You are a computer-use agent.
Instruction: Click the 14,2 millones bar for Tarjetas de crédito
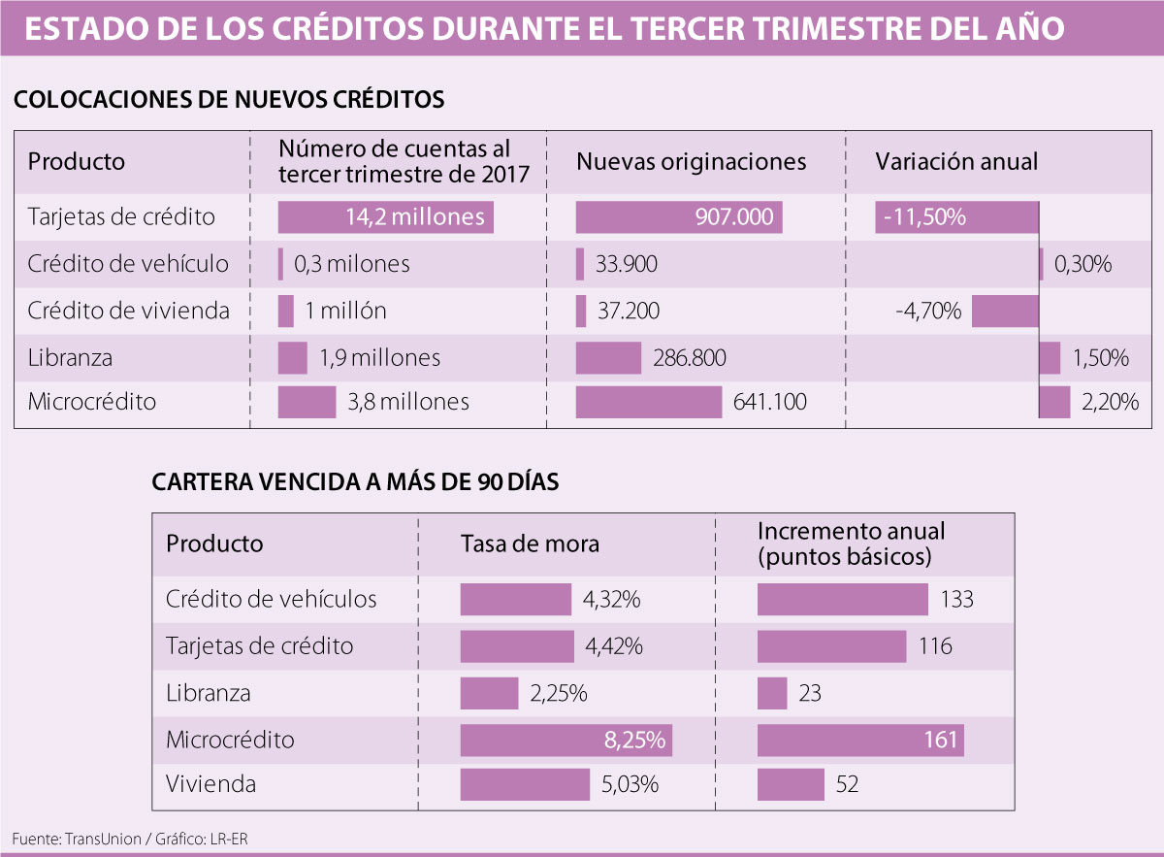pos(385,217)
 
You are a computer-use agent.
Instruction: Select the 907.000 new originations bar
pos(678,217)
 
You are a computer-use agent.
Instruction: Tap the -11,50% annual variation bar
pos(956,217)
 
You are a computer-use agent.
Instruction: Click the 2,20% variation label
pos(1110,402)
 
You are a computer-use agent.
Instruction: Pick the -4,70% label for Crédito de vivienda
pos(928,312)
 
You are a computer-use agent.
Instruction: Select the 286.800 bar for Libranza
pos(608,358)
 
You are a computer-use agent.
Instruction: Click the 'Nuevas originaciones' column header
pos(691,161)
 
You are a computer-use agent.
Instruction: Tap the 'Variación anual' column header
pos(956,161)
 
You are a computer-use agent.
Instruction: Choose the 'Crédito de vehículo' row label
pos(128,264)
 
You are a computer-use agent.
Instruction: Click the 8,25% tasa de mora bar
pos(566,741)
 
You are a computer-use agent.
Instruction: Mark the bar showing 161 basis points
pos(860,741)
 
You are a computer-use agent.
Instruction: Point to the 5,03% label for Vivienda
pos(630,784)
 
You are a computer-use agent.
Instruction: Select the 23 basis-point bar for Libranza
pos(772,694)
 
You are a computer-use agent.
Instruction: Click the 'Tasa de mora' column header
pos(530,544)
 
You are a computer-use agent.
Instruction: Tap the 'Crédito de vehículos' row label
pos(271,599)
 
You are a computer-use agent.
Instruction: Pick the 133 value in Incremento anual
pos(956,600)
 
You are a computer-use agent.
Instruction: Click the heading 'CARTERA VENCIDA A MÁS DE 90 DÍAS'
pos(355,482)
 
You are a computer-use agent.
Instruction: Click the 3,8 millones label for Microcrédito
pos(408,402)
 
